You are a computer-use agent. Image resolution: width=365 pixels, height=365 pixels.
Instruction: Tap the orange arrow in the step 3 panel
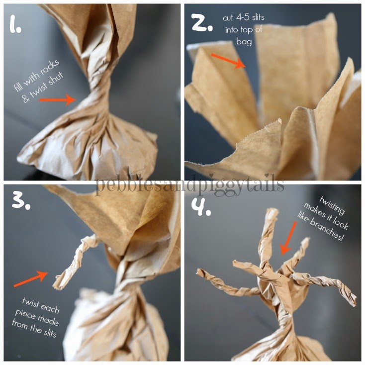[x=30, y=278]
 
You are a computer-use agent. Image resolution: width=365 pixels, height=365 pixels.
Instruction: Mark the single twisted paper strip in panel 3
[x=75, y=261]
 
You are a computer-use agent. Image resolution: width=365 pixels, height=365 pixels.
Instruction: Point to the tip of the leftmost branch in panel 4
[x=199, y=272]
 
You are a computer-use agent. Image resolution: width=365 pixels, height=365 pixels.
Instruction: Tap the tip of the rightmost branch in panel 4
[x=353, y=300]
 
